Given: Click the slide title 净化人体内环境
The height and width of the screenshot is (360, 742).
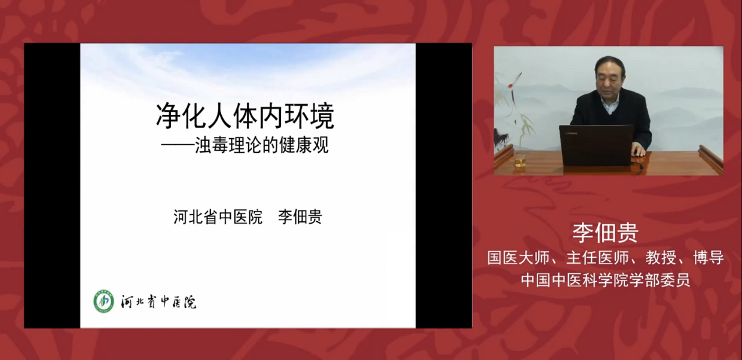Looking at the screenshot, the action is pos(245,116).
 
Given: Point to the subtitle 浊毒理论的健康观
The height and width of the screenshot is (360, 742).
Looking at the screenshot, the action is pos(262,145).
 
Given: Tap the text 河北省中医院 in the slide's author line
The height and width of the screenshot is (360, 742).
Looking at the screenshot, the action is pos(218,217).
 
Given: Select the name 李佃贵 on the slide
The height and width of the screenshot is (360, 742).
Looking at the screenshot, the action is pos(300,217).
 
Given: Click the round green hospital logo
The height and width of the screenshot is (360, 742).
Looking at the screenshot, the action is pos(103,301).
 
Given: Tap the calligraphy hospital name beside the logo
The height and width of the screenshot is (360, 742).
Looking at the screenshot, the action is pos(158,301).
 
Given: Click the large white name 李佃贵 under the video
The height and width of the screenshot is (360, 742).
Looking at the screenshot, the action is pos(606,233).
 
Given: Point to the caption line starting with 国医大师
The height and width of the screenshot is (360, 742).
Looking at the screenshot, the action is pos(606,258).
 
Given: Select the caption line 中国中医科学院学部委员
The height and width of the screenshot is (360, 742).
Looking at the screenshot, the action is pos(606,279).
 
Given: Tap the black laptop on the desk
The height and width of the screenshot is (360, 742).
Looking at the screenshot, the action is pos(596,145).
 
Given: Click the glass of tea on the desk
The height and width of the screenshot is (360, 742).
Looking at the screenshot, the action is pos(520,162).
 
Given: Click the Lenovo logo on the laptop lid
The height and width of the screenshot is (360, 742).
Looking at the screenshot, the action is pos(571,133).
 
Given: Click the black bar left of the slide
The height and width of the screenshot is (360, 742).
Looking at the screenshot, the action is pos(52,185).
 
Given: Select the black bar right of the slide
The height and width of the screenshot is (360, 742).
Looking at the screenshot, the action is pos(444,185).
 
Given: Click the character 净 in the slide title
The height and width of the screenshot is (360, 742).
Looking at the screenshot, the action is pos(168,116).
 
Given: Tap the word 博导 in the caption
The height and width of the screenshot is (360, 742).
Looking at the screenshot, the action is pos(709,258).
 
